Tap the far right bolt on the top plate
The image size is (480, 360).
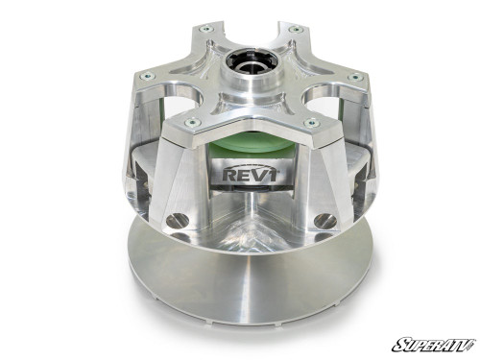click(355, 78)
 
